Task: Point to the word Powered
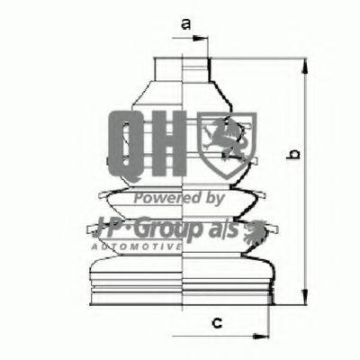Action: tap(161, 198)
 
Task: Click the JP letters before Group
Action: tap(120, 227)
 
